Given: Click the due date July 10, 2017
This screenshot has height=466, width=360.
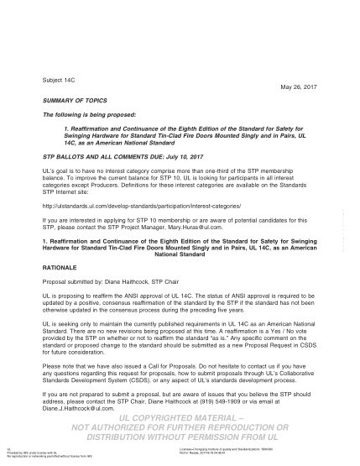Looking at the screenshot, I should (x=160, y=156).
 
